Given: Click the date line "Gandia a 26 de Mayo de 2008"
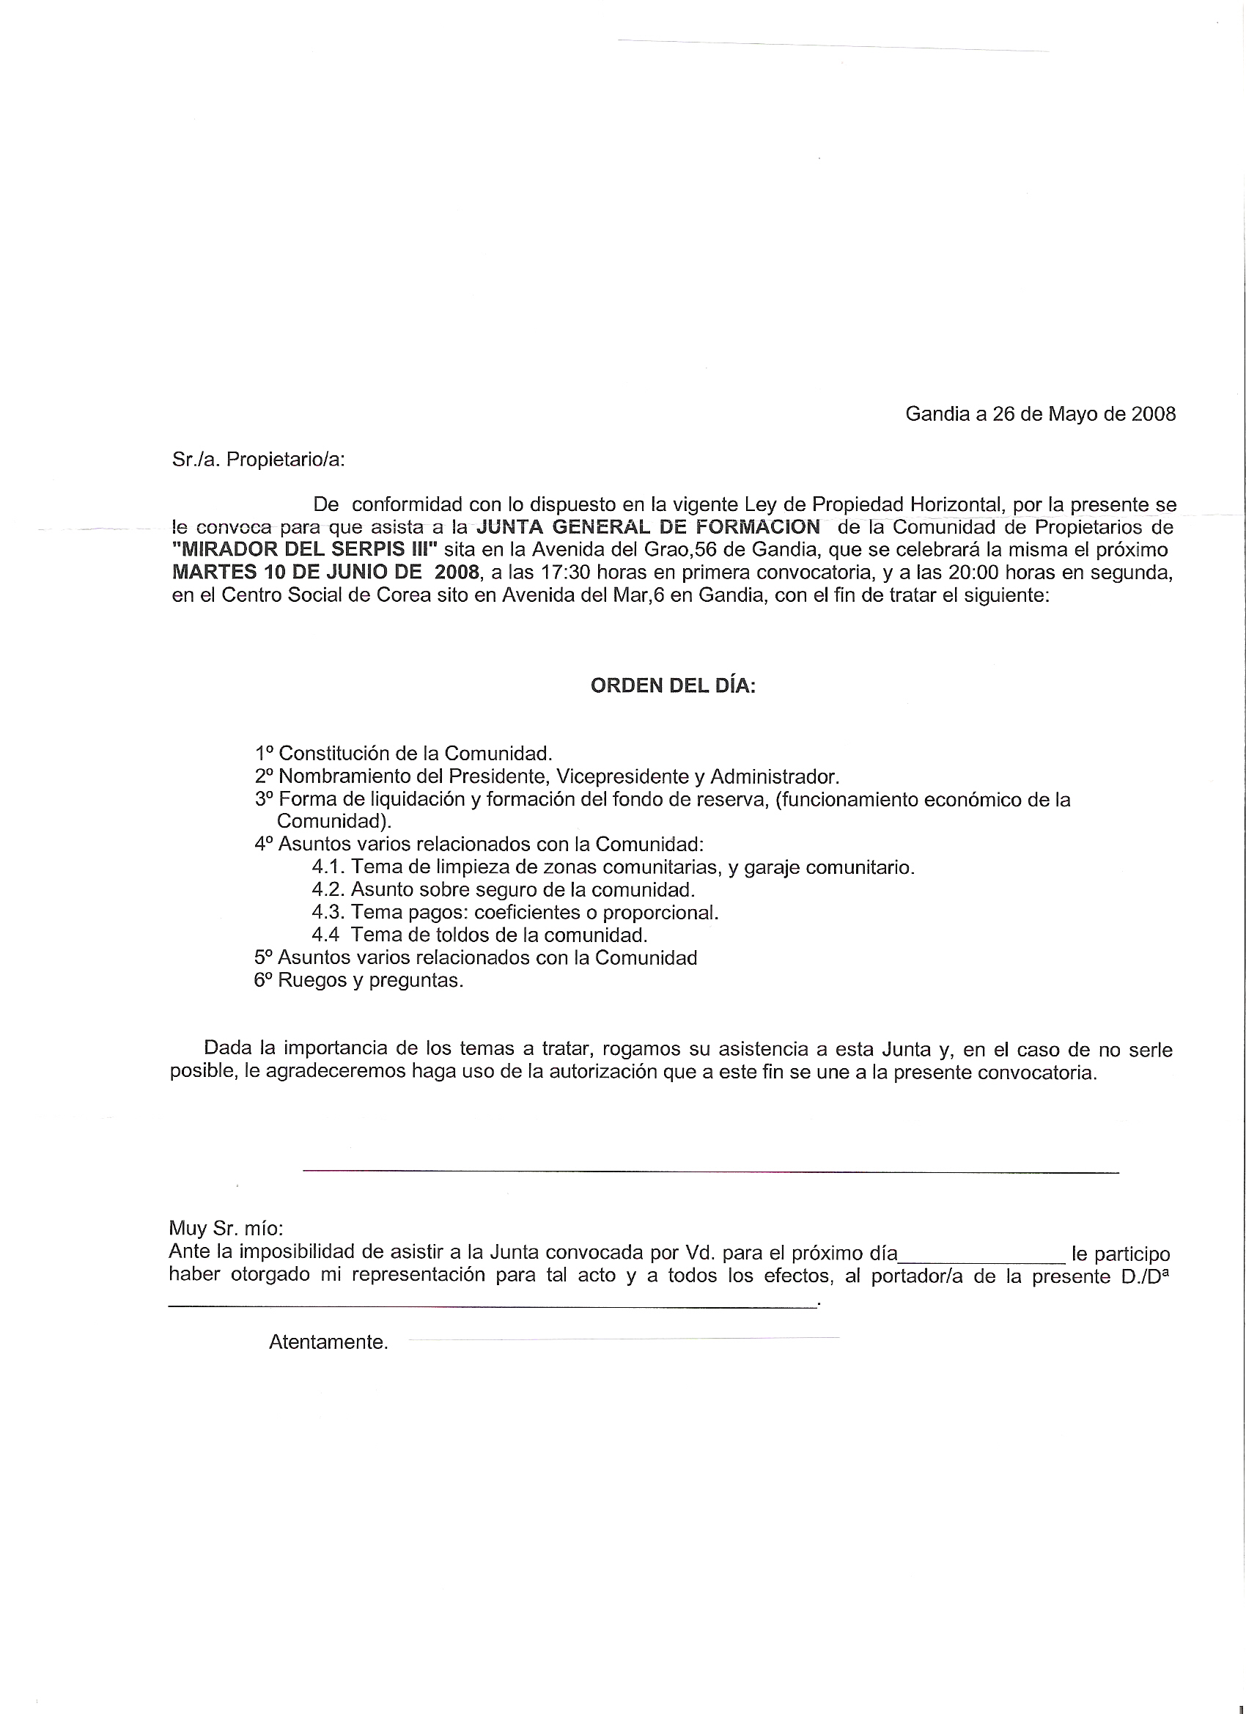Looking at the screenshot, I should point(1040,414).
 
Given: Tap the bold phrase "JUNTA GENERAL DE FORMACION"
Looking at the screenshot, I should point(649,527).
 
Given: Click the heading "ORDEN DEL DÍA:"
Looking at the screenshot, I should point(673,686).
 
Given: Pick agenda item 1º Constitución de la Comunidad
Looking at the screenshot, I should point(405,754).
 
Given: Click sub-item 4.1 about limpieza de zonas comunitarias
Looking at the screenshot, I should point(613,867).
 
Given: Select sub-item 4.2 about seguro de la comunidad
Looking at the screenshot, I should point(504,889).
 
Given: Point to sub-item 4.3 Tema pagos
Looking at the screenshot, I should point(515,912).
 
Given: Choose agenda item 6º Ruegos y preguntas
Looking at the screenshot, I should point(359,980).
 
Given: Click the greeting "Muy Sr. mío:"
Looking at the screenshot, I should point(226,1228).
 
